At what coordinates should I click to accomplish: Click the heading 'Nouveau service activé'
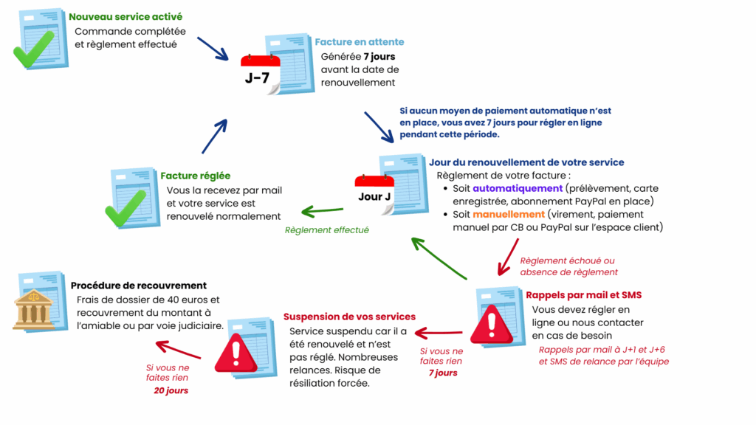pyautogui.click(x=126, y=16)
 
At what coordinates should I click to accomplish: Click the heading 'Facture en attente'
pyautogui.click(x=360, y=42)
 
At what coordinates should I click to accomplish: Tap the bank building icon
pyautogui.click(x=34, y=308)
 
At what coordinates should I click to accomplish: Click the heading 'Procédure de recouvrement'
pyautogui.click(x=139, y=286)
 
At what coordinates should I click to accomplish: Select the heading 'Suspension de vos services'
pyautogui.click(x=349, y=317)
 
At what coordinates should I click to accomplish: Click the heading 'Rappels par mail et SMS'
pyautogui.click(x=583, y=295)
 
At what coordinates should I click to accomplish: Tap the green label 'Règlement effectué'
pyautogui.click(x=326, y=230)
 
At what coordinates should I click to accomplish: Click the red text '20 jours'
pyautogui.click(x=171, y=390)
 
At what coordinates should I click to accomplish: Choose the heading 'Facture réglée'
pyautogui.click(x=195, y=176)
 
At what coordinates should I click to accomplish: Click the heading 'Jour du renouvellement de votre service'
pyautogui.click(x=526, y=162)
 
